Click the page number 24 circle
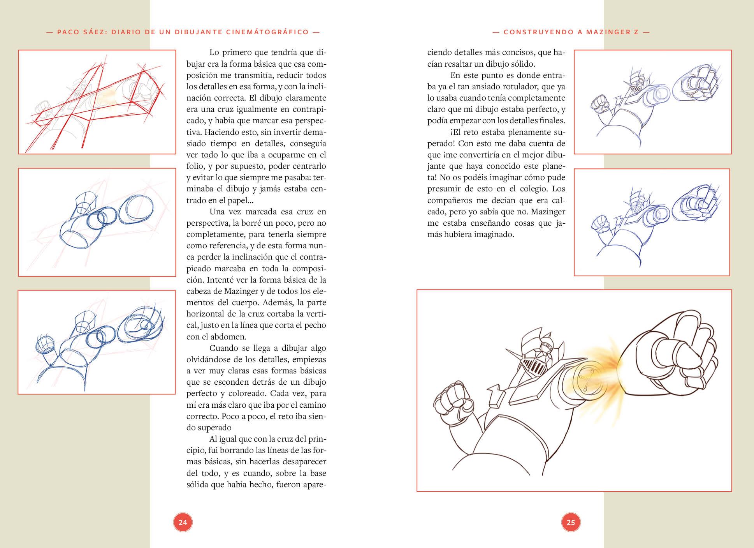tap(183, 522)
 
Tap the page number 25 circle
tap(571, 522)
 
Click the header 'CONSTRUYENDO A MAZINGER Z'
tap(571, 32)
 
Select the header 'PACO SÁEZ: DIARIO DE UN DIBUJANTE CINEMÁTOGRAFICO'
tap(183, 32)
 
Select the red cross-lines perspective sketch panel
tap(97, 102)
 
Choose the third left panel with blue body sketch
tap(97, 342)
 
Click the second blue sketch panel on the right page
tap(652, 222)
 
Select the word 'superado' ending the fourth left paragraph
tap(214, 428)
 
